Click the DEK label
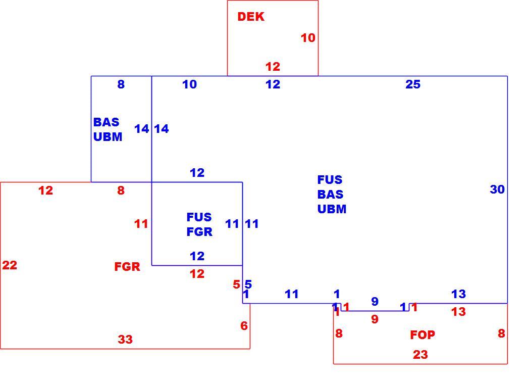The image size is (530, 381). (x=251, y=17)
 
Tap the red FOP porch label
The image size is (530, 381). (x=422, y=335)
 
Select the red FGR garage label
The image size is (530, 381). (x=127, y=267)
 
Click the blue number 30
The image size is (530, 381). (x=497, y=189)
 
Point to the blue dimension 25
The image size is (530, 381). (x=413, y=84)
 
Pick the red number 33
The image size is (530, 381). (x=125, y=339)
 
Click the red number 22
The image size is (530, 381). (x=10, y=265)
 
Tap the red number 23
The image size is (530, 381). (x=420, y=355)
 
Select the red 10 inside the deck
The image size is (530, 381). (x=308, y=37)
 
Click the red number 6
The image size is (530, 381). (x=244, y=325)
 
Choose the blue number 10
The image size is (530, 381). (x=189, y=84)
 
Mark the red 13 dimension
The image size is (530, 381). (x=458, y=312)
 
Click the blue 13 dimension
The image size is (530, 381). (x=458, y=294)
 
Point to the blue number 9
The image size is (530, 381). (x=375, y=301)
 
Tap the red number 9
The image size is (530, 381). (x=375, y=319)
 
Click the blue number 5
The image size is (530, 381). (x=248, y=284)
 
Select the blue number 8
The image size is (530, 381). (x=121, y=84)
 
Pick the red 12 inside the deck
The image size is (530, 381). (x=273, y=67)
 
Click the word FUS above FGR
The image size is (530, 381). (x=199, y=217)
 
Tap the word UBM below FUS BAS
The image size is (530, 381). (x=332, y=209)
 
